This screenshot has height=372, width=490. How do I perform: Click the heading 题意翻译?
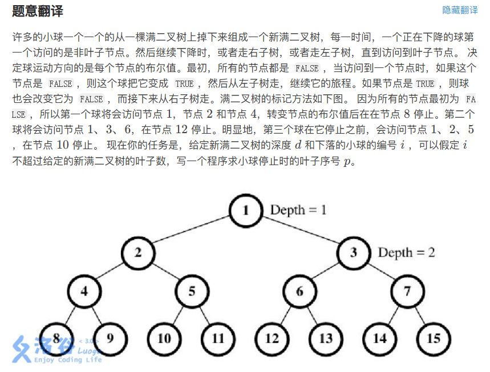(38, 11)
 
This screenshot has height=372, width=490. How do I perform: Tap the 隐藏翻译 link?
(460, 11)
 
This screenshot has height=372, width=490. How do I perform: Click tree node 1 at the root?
(246, 210)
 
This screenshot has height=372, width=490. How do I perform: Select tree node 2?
(138, 251)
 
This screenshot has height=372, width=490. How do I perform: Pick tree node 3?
(354, 251)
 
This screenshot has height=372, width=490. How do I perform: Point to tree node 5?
(192, 291)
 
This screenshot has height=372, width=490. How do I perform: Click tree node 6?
(299, 291)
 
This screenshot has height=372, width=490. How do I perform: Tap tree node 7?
(407, 291)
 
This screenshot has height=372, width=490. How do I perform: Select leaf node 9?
(110, 338)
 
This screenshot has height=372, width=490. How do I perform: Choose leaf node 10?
(164, 338)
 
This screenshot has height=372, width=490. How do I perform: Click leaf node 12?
(272, 338)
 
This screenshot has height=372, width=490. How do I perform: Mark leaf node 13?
(326, 338)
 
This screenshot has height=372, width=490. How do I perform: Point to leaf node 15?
(434, 338)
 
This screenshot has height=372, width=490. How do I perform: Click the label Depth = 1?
(298, 210)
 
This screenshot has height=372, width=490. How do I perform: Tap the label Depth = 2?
(406, 252)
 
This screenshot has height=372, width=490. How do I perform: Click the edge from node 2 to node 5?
(166, 272)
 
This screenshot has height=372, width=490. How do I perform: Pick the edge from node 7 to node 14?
(394, 315)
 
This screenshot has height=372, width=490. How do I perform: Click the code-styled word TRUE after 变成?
(184, 83)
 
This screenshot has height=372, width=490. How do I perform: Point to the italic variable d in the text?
(297, 145)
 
